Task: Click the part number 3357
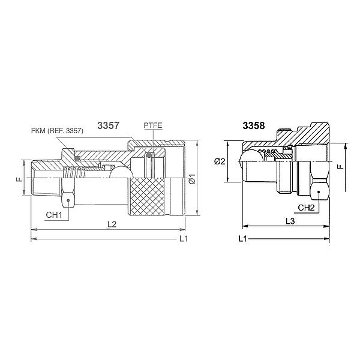(x=109, y=125)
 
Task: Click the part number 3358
(x=254, y=125)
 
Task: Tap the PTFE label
(x=153, y=125)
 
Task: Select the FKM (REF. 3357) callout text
(x=57, y=131)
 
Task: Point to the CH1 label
(x=54, y=215)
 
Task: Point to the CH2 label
(x=306, y=208)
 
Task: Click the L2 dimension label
(x=112, y=224)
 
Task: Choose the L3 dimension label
(x=290, y=221)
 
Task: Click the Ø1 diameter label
(x=192, y=179)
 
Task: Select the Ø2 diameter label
(x=220, y=161)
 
